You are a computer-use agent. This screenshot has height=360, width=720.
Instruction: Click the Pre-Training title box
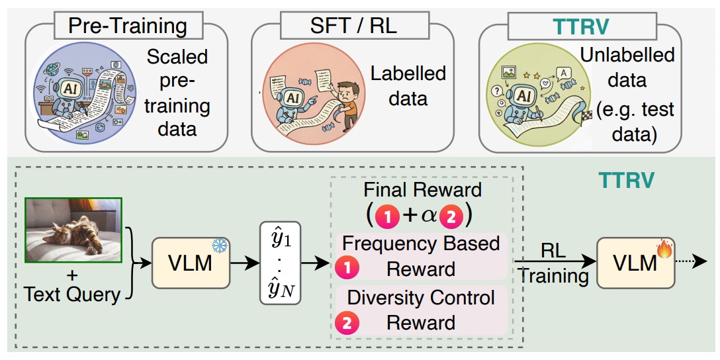[128, 26]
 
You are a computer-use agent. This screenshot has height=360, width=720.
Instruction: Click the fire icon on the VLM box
[664, 248]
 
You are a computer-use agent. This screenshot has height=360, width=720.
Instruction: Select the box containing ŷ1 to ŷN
[280, 263]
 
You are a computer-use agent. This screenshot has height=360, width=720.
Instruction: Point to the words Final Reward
[422, 190]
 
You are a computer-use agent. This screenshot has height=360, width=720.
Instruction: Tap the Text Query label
[71, 294]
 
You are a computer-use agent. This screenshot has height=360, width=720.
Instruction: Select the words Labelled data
[408, 85]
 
